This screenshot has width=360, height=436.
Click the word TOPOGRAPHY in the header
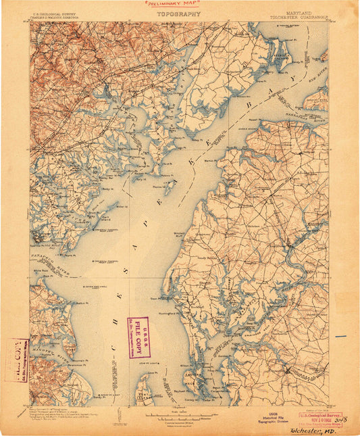(178, 14)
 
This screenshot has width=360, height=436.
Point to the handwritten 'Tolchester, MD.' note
(317, 430)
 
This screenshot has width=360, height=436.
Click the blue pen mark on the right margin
(341, 336)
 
